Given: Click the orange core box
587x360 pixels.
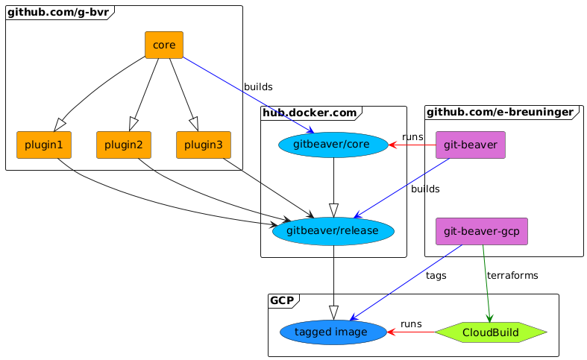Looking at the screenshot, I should (163, 45).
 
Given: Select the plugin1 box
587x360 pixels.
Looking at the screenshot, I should (43, 145).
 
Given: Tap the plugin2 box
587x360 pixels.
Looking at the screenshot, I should (124, 145).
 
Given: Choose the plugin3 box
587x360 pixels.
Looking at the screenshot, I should (204, 145).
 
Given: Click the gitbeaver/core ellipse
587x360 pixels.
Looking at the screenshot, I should (333, 145).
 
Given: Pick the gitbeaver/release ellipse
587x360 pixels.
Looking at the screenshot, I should (333, 232).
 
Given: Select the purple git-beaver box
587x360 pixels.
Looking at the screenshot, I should (470, 145).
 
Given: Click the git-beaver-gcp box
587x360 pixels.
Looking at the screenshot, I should (481, 232).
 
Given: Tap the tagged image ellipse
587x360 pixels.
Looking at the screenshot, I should (333, 332).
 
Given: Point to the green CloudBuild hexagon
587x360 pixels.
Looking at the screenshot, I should (491, 332).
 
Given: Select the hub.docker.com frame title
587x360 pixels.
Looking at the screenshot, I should (308, 113).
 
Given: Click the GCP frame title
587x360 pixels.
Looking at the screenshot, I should (281, 300).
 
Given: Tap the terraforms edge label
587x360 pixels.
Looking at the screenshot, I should (512, 276).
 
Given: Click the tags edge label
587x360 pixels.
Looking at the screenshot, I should (436, 276).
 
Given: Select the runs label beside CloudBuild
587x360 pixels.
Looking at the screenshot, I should (411, 324).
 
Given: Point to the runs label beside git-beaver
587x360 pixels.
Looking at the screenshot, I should (412, 137).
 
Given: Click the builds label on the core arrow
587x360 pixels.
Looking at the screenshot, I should (258, 87).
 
